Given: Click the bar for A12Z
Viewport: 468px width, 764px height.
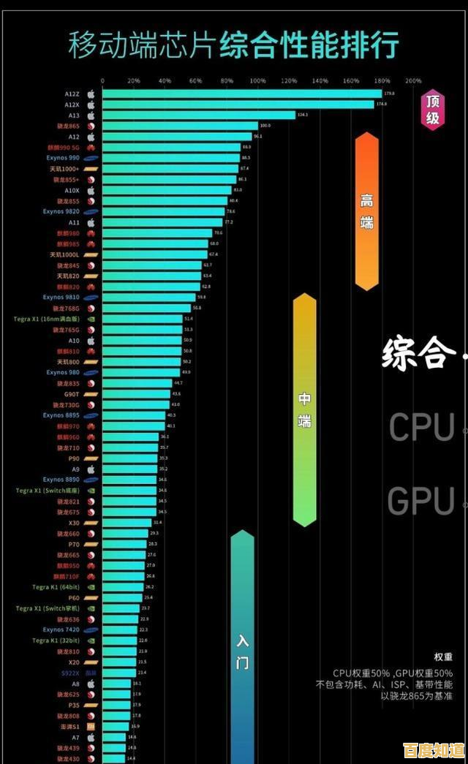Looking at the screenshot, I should pyautogui.click(x=241, y=94).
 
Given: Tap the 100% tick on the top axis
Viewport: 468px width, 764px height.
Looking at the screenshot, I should pyautogui.click(x=257, y=80).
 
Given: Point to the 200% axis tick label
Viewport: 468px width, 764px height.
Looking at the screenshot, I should pyautogui.click(x=412, y=80).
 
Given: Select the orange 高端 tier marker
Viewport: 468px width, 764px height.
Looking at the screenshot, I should pyautogui.click(x=366, y=211).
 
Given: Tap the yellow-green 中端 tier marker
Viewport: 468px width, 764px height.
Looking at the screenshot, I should pyautogui.click(x=304, y=409).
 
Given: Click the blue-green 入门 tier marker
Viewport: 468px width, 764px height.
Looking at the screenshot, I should pyautogui.click(x=243, y=651).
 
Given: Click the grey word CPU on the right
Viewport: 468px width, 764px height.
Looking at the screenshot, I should pyautogui.click(x=421, y=427).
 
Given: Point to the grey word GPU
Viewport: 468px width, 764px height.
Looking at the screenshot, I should pyautogui.click(x=421, y=502).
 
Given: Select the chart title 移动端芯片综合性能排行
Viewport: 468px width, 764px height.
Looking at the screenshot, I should pyautogui.click(x=233, y=45).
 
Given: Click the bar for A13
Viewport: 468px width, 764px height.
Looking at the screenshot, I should pyautogui.click(x=198, y=115).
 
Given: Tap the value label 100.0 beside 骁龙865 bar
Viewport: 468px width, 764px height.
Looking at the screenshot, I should pyautogui.click(x=265, y=126).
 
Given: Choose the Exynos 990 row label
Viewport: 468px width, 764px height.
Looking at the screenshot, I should pyautogui.click(x=63, y=158).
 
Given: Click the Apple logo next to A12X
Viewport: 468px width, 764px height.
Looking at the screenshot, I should pyautogui.click(x=91, y=105).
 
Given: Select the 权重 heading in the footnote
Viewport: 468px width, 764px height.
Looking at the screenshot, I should pyautogui.click(x=443, y=657).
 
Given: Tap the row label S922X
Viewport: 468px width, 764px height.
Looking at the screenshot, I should pyautogui.click(x=70, y=673).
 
